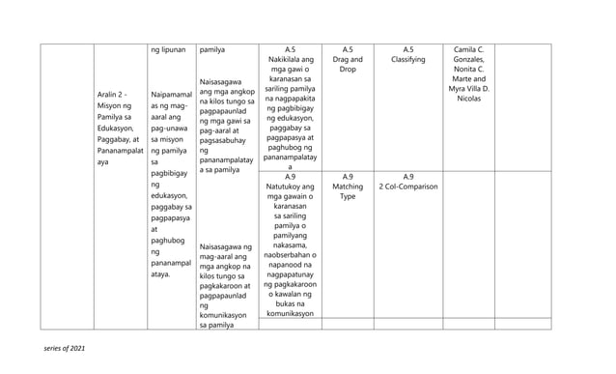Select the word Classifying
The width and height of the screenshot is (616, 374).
[407, 60]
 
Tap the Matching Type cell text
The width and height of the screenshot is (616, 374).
[348, 191]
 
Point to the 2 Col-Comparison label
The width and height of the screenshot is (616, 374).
[407, 187]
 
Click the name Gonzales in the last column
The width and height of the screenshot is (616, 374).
[468, 60]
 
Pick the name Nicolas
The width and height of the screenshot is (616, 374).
[468, 99]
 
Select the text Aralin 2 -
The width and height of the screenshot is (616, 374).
[113, 94]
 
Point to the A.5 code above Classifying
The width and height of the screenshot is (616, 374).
[407, 48]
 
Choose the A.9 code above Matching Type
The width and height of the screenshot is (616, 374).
[348, 176]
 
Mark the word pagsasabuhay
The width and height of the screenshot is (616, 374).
[223, 140]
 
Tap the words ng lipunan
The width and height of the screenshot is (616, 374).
[167, 48]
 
